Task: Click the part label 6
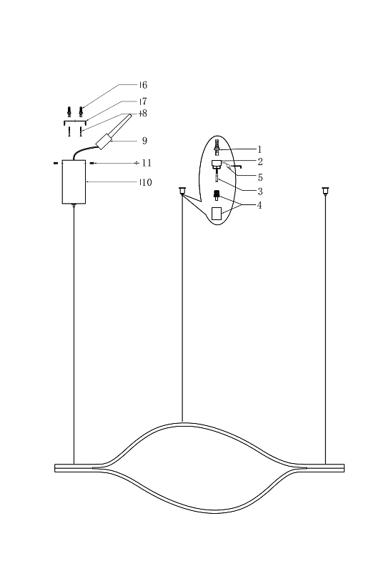[x=143, y=86]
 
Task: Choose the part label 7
[x=143, y=102]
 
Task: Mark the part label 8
[x=143, y=114]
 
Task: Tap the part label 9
[x=144, y=141]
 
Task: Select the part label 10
[x=145, y=183]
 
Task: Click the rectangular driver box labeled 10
[x=74, y=182]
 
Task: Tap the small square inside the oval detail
[x=217, y=213]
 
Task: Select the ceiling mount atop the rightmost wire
[x=326, y=191]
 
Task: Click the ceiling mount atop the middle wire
[x=182, y=191]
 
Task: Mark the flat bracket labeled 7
[x=75, y=121]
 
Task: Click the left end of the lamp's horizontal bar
[x=57, y=468]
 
